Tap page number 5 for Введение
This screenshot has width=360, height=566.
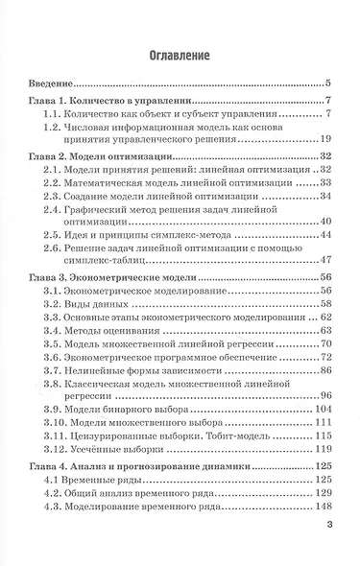327,84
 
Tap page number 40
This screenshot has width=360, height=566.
324,223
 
